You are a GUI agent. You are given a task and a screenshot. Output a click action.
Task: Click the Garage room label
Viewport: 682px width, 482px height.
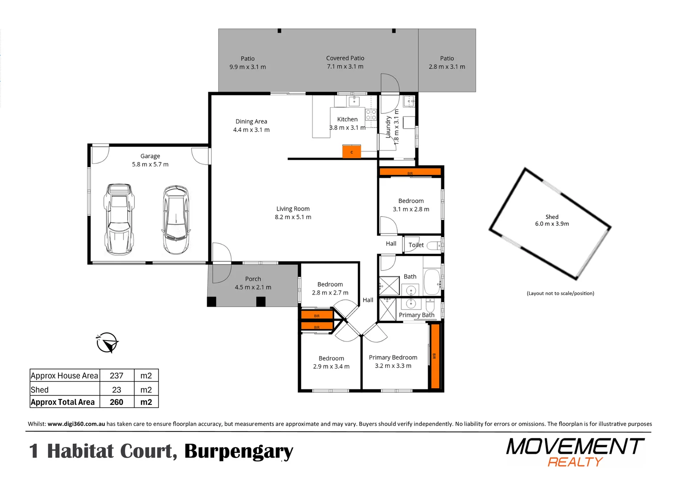pyautogui.click(x=150, y=156)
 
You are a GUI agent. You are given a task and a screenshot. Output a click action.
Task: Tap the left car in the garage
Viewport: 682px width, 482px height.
pyautogui.click(x=119, y=219)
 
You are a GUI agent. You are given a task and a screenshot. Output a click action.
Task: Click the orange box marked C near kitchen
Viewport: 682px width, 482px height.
pyautogui.click(x=351, y=151)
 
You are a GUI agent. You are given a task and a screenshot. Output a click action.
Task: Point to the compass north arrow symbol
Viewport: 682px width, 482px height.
pyautogui.click(x=107, y=343)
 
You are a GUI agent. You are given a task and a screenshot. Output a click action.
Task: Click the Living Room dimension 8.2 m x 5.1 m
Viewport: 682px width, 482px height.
pyautogui.click(x=293, y=217)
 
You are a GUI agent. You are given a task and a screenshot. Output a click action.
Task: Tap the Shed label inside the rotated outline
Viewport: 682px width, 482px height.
pyautogui.click(x=552, y=217)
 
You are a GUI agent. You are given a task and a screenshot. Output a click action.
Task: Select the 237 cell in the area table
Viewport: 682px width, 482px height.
pyautogui.click(x=116, y=376)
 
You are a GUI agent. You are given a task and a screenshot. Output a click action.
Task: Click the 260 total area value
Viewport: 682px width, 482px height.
pyautogui.click(x=116, y=402)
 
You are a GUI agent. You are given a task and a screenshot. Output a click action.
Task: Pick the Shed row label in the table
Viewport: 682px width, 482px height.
pyautogui.click(x=40, y=390)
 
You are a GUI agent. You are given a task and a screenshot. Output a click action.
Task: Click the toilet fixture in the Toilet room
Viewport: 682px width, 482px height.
pyautogui.click(x=432, y=245)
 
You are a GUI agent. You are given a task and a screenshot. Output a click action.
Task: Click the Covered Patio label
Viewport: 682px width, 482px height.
pyautogui.click(x=345, y=58)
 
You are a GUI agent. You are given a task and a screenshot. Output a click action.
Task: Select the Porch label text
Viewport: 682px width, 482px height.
pyautogui.click(x=253, y=279)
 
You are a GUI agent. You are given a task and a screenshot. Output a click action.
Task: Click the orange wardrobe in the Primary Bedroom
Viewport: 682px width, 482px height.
pyautogui.click(x=435, y=356)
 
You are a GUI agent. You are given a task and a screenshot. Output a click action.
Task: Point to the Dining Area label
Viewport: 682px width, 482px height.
pyautogui.click(x=251, y=121)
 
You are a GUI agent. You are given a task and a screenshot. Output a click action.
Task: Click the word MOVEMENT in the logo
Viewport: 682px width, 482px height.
pyautogui.click(x=575, y=446)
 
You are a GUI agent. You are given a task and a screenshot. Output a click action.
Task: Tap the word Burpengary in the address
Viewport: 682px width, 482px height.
pyautogui.click(x=239, y=452)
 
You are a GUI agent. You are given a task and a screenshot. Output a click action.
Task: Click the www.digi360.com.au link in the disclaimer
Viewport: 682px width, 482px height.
pyautogui.click(x=76, y=424)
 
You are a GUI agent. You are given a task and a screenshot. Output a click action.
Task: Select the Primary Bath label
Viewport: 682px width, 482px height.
pyautogui.click(x=416, y=315)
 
